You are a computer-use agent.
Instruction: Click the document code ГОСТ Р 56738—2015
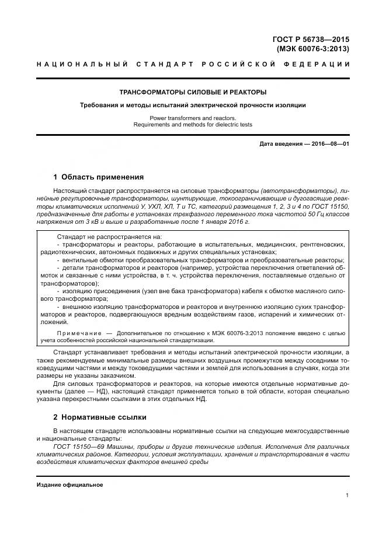click(311, 39)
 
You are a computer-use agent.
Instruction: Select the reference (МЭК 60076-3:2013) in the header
click(313, 48)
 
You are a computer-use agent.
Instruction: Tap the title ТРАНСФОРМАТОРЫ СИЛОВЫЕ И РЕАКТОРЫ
click(193, 92)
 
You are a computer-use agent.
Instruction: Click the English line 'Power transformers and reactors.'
click(193, 118)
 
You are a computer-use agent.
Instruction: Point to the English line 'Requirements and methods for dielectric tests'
click(193, 124)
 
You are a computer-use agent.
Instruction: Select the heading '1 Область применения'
click(98, 177)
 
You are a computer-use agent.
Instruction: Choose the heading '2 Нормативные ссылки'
click(99, 417)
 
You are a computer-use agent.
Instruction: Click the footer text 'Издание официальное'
click(69, 485)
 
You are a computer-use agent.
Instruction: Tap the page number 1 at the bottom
click(347, 495)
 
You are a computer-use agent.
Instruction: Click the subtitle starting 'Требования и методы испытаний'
click(193, 105)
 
